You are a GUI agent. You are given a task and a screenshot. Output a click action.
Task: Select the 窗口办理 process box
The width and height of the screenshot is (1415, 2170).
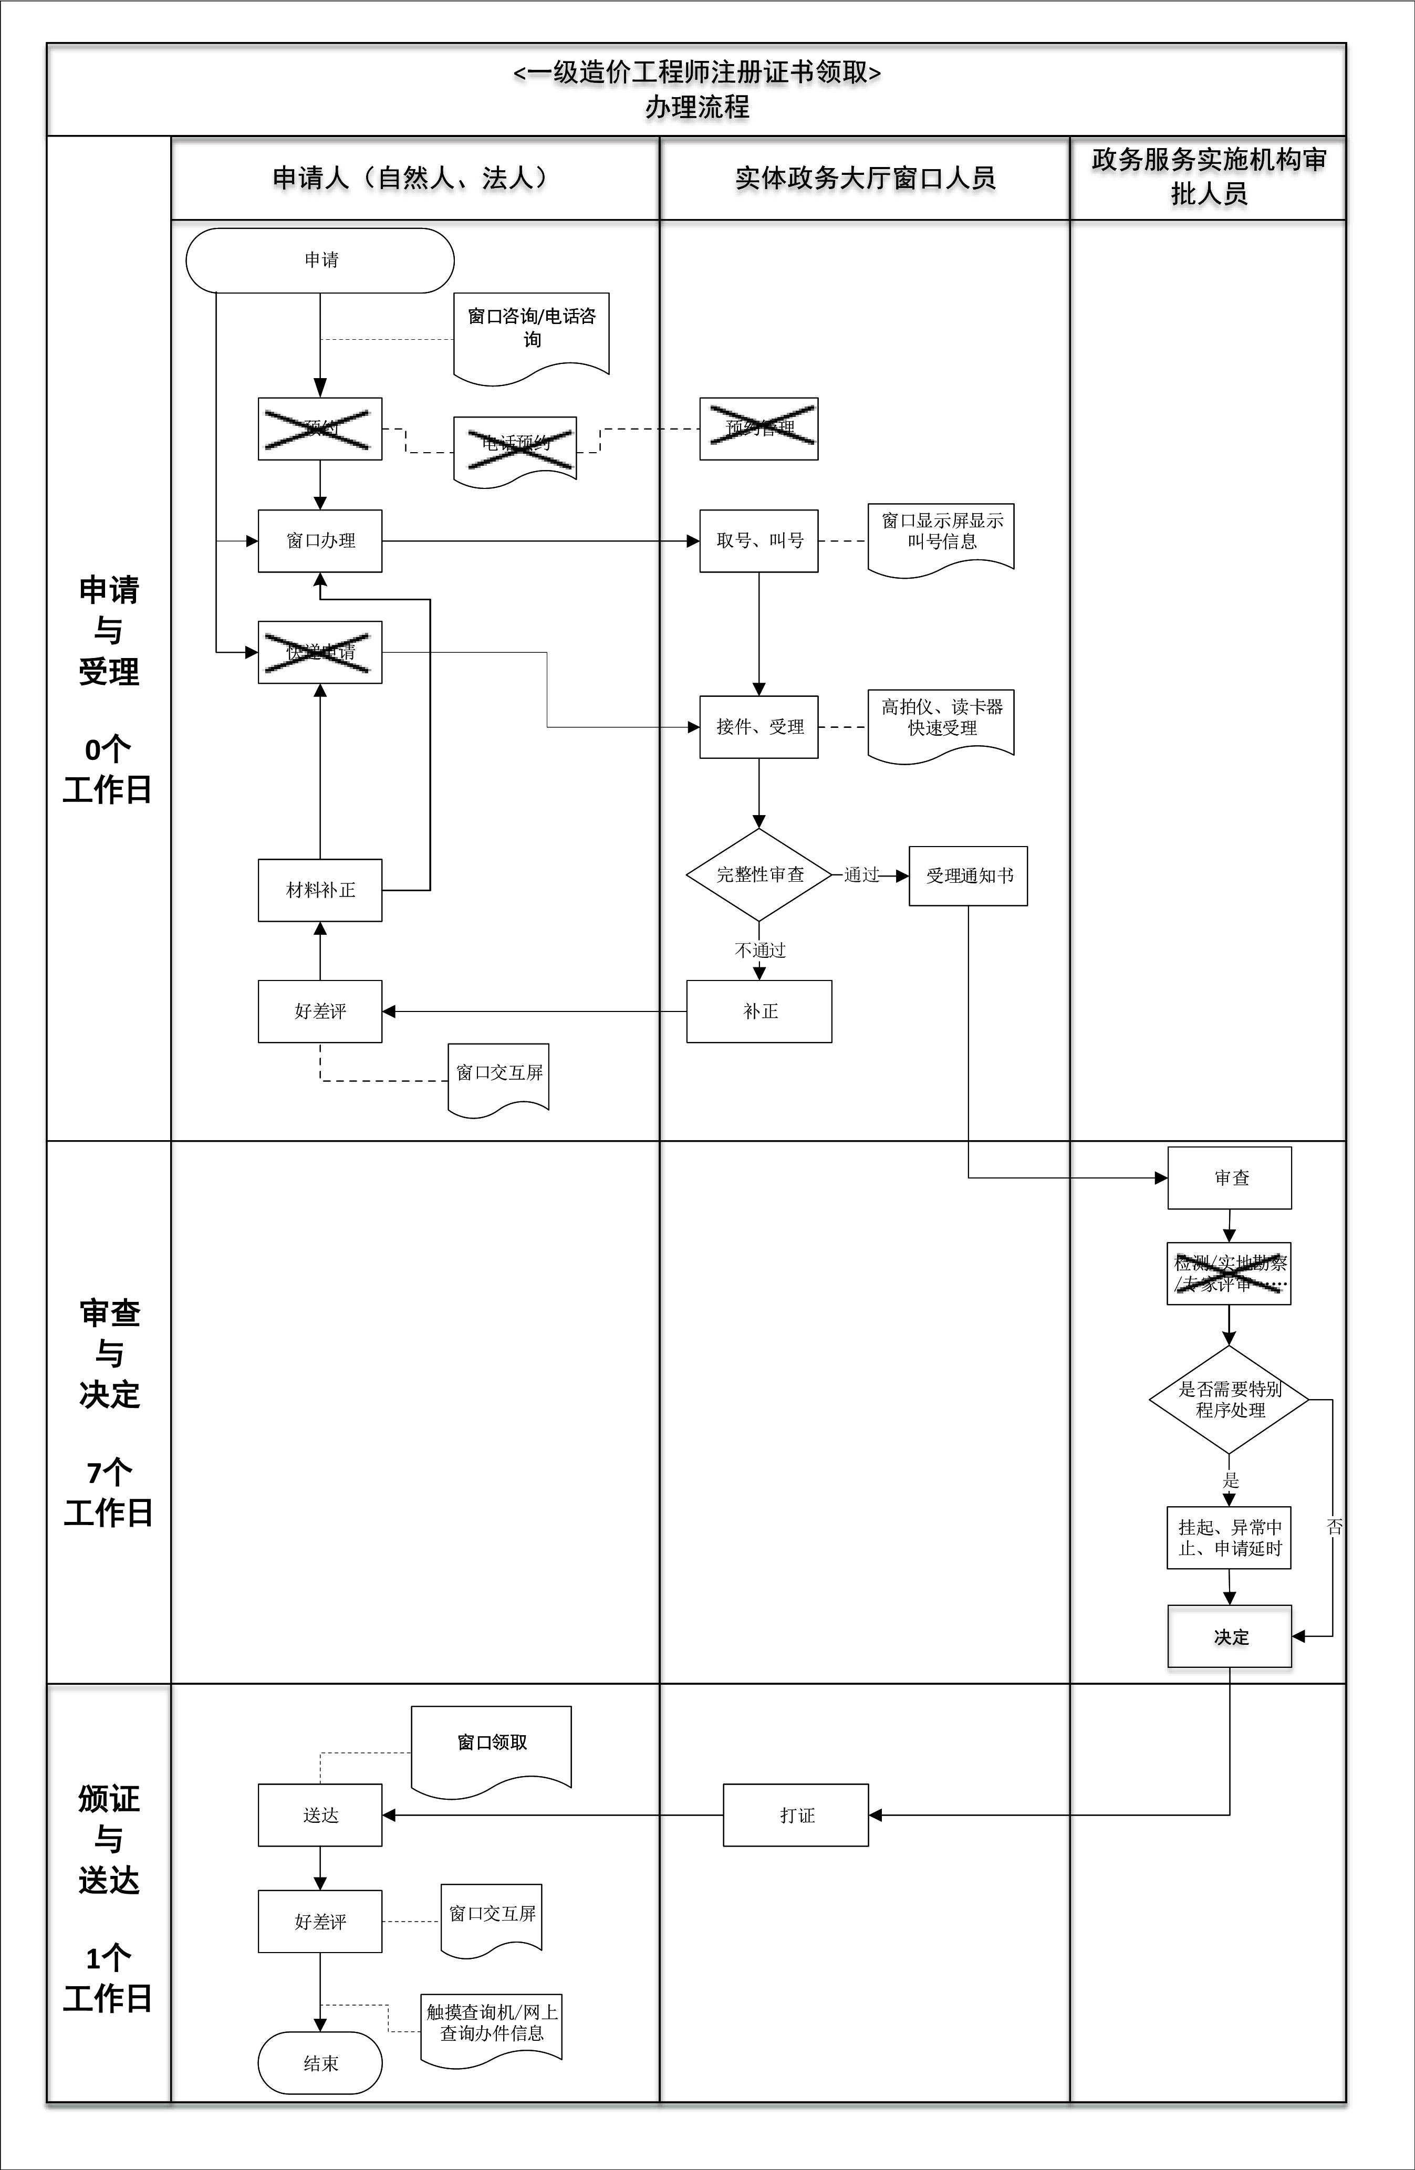(x=320, y=541)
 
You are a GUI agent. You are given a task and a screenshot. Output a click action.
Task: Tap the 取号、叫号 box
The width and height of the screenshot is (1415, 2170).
(x=758, y=541)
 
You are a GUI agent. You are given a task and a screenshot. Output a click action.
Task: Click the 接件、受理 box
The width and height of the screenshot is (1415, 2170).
(x=758, y=727)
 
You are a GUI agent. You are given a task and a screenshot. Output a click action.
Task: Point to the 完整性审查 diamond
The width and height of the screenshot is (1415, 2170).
(x=758, y=874)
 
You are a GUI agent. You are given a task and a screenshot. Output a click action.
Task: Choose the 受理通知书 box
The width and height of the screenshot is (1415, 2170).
(x=968, y=876)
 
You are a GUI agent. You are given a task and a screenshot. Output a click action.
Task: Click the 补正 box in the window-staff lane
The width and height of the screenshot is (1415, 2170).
(x=758, y=1011)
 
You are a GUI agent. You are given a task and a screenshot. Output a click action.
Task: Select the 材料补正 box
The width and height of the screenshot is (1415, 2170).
(x=320, y=890)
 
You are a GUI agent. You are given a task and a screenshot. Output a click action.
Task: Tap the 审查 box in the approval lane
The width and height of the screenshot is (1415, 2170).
(x=1229, y=1178)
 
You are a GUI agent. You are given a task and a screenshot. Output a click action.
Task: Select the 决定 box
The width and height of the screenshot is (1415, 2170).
(x=1229, y=1636)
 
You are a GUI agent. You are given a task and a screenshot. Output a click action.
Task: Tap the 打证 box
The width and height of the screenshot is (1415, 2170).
(x=796, y=1816)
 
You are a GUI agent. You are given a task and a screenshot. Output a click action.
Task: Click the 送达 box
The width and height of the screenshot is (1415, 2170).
(x=320, y=1816)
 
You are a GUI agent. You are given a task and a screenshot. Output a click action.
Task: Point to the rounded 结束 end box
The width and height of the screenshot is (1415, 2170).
(x=320, y=2063)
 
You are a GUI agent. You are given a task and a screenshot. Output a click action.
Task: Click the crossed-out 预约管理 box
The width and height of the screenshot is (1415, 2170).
(x=758, y=429)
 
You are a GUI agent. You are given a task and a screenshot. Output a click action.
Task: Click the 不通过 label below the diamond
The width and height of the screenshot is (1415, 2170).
(x=759, y=950)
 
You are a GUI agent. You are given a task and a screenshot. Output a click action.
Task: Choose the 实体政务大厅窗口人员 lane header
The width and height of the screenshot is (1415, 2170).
(x=865, y=179)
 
